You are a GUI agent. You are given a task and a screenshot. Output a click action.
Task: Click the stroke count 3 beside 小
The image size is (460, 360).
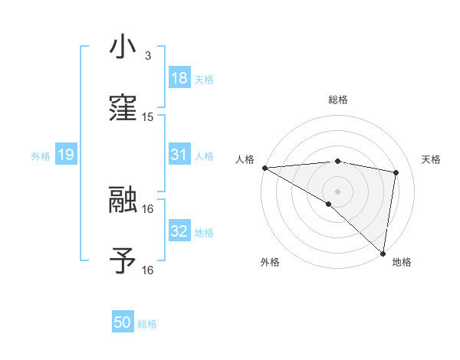coord(147,56)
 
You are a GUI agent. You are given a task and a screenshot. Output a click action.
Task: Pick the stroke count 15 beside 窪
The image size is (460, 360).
coord(148,117)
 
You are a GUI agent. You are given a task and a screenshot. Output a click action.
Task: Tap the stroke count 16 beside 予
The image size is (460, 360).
coord(148,270)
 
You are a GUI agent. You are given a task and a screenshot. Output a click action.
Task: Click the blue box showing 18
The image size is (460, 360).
coord(179,78)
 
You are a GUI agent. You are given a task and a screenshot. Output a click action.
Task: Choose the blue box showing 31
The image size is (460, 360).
coord(179,155)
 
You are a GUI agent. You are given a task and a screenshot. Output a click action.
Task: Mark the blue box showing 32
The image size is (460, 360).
coord(179,231)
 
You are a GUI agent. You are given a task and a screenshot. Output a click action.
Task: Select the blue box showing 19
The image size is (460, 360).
coord(66,155)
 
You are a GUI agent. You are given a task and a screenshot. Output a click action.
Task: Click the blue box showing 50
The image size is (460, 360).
coord(123,323)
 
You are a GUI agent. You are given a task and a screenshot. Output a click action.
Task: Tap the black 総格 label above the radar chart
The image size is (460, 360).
coord(338,100)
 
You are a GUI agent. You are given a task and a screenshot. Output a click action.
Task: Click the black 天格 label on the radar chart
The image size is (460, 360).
coord(431,159)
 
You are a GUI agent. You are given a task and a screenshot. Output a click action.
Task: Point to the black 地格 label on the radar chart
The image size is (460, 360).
coord(402,262)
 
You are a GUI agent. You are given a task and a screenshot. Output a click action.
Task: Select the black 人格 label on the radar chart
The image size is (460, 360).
coord(245,159)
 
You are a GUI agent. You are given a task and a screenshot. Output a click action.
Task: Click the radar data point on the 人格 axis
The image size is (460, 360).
coord(264,168)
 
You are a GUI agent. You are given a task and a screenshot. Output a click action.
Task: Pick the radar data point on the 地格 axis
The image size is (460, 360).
coord(383,254)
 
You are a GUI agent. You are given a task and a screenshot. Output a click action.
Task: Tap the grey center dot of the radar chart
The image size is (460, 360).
coord(338,191)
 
